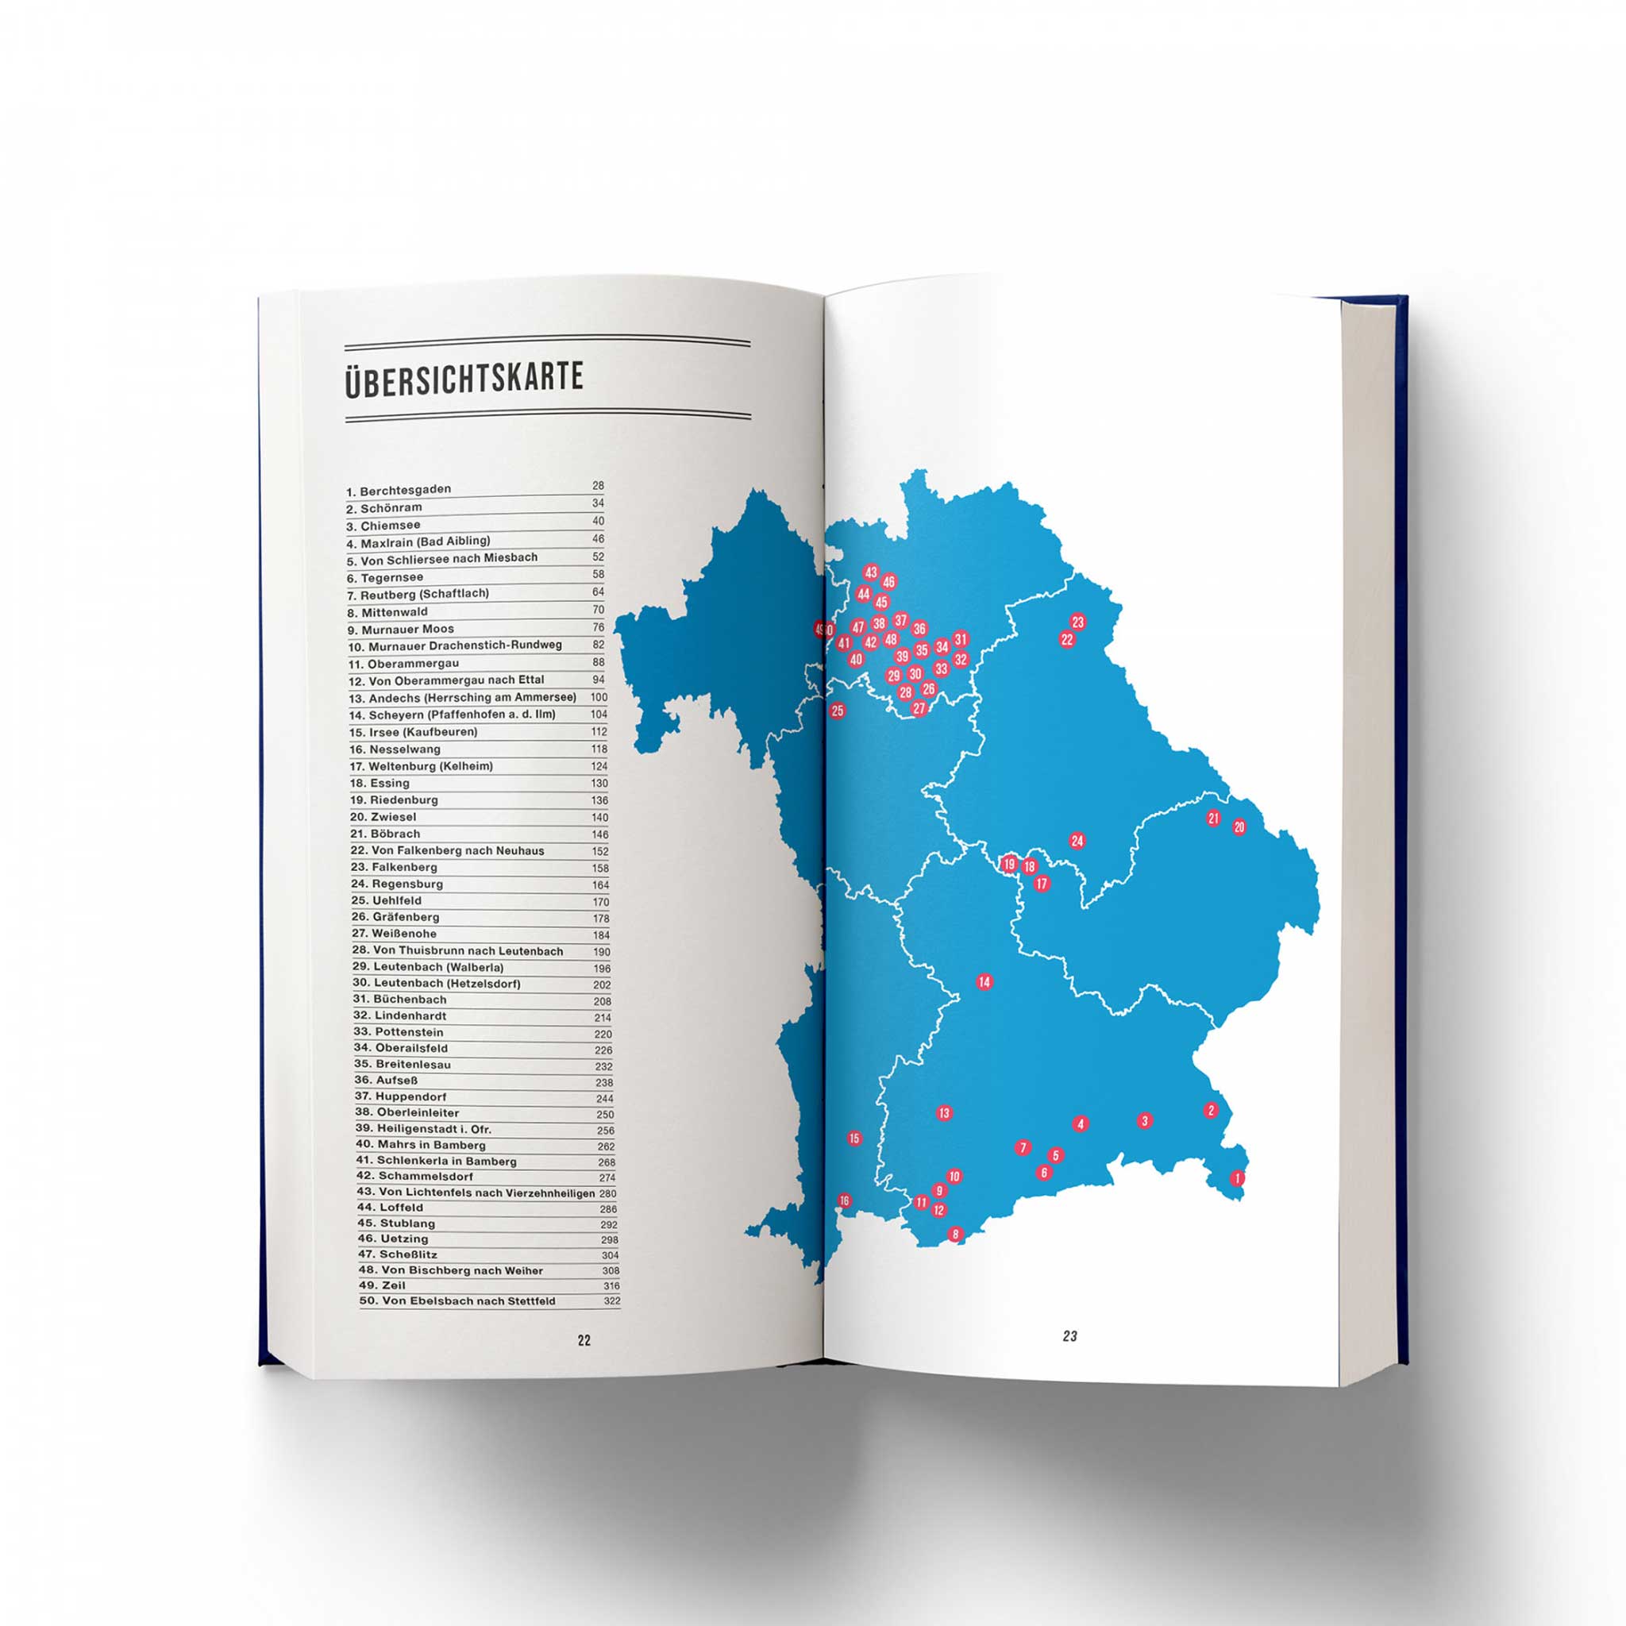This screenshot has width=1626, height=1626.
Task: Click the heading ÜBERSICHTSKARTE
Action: tap(464, 379)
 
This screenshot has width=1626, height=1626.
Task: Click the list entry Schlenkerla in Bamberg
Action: tap(446, 1162)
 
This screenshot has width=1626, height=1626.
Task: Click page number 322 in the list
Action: tap(612, 1301)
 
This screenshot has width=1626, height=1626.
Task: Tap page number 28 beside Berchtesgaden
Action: tap(598, 486)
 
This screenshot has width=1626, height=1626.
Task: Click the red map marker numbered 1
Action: tap(1237, 1178)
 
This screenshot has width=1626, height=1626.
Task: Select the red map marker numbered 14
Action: tap(984, 981)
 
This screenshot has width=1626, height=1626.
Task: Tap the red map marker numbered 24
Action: tap(1077, 840)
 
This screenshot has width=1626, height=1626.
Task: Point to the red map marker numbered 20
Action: tap(1239, 827)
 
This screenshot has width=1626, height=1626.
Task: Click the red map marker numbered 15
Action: tap(854, 1139)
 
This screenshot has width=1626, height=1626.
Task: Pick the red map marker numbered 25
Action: tap(838, 711)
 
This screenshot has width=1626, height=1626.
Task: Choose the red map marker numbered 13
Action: tap(943, 1112)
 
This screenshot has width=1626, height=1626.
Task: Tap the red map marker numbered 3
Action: tap(1144, 1121)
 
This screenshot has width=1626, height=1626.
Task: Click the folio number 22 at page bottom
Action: tap(584, 1341)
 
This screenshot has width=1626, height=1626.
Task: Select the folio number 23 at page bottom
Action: tap(1069, 1335)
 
